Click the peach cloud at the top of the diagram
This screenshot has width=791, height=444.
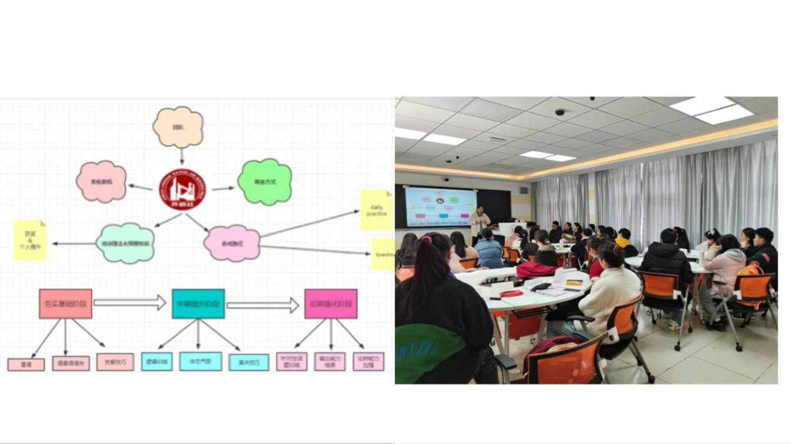coord(178,126)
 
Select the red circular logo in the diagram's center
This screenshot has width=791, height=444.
coord(182,189)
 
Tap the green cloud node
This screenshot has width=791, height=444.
coord(265,182)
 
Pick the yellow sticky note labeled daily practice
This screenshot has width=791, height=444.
coord(376,210)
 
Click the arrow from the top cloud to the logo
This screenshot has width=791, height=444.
coord(181,156)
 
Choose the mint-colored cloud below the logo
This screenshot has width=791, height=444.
coord(125,243)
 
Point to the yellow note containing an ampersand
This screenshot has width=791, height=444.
coord(31,240)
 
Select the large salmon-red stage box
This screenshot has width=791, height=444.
coord(65,303)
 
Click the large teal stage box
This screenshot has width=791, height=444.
coord(198,303)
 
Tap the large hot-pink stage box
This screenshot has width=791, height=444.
coord(331,303)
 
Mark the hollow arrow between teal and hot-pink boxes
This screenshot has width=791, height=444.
coord(262,305)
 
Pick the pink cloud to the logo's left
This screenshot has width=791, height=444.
coord(101,181)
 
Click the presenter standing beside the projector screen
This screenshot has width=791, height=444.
coord(480,223)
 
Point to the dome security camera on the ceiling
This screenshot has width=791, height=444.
coord(559,112)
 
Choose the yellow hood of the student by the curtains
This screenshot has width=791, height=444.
coord(622,242)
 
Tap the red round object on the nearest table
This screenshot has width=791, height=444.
coord(511,293)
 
